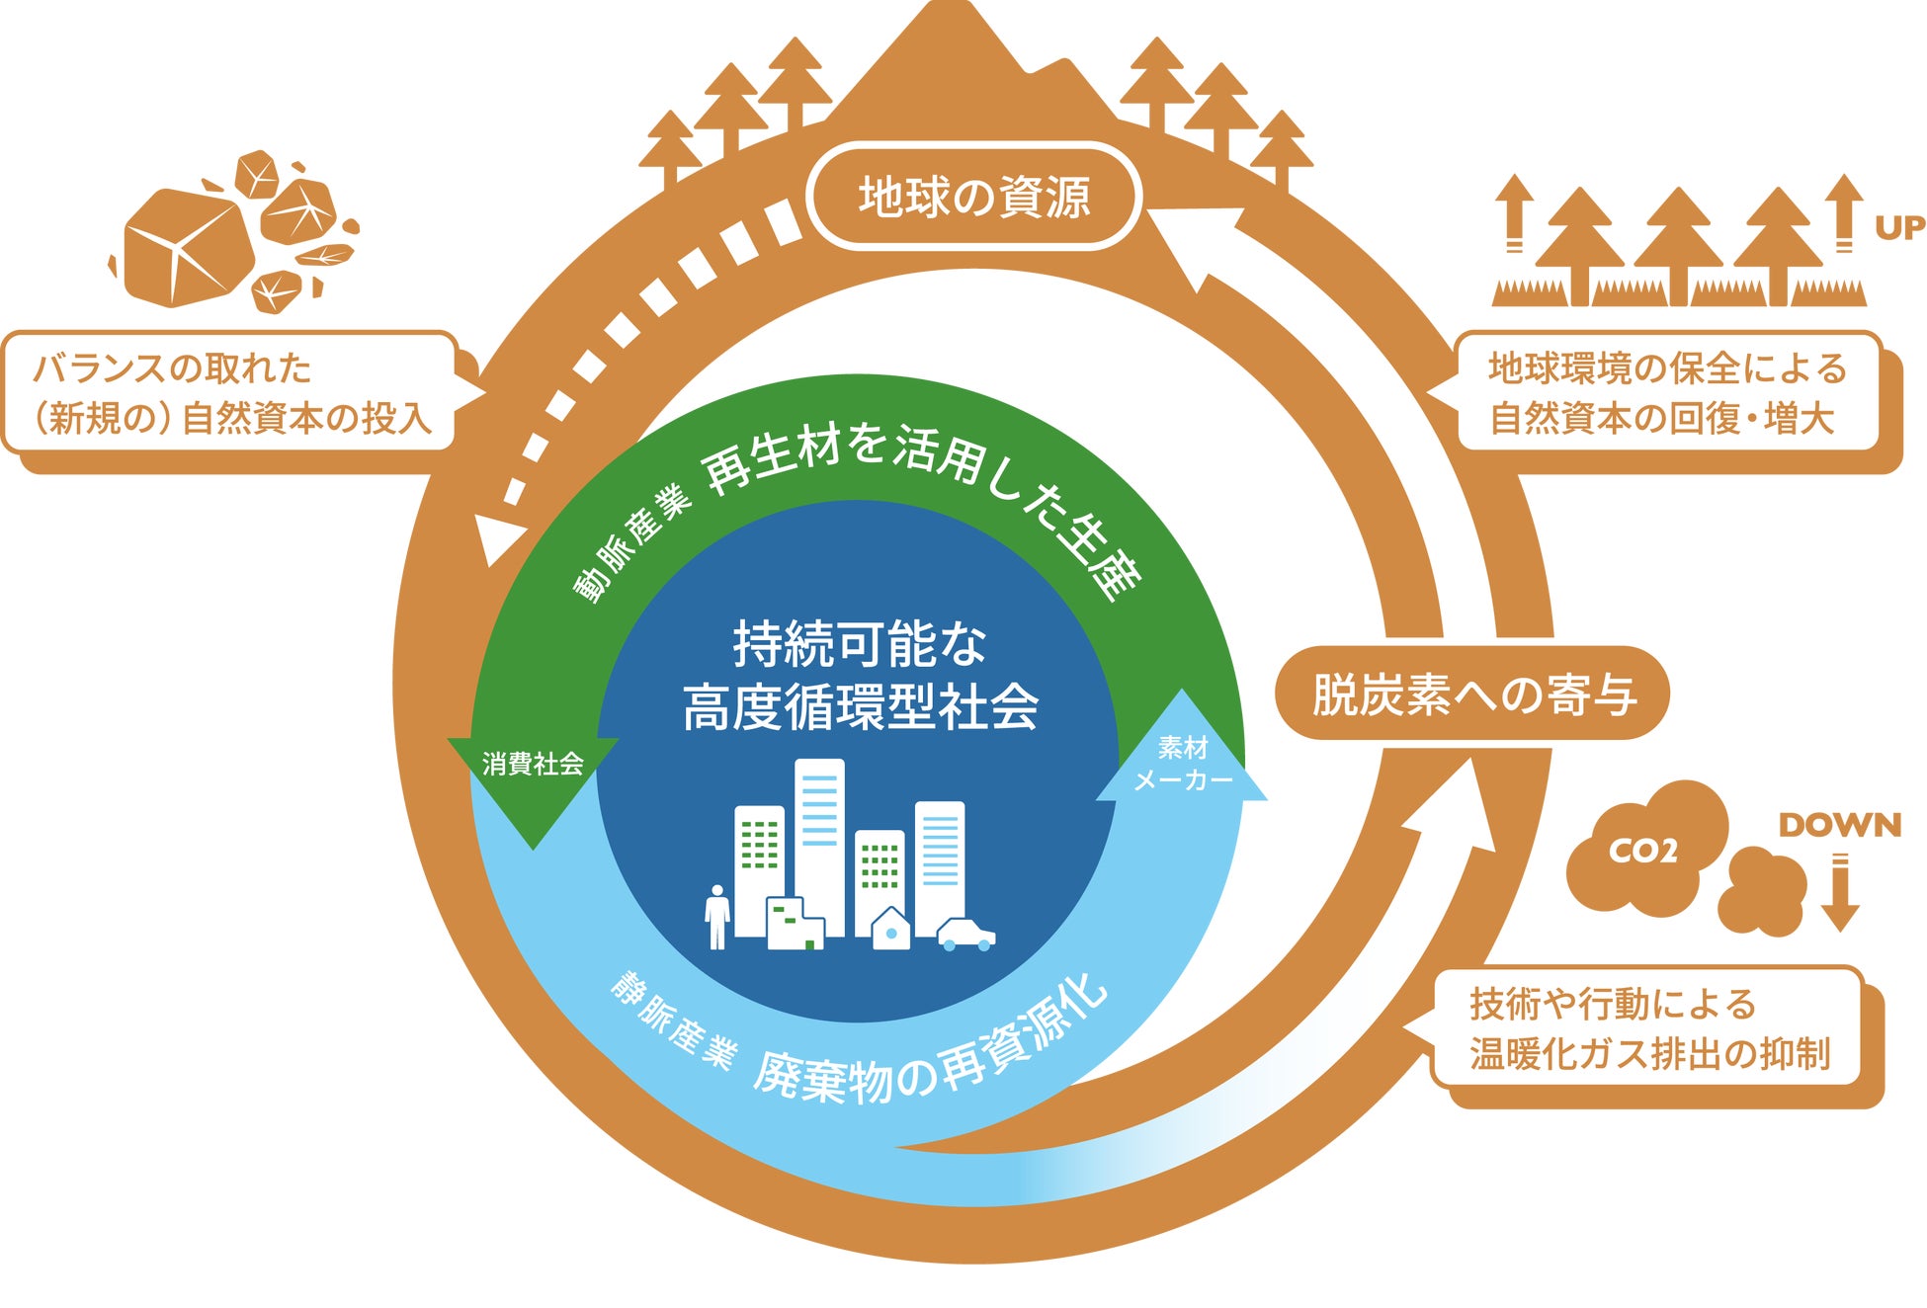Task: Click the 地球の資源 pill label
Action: click(x=974, y=197)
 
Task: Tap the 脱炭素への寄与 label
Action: click(x=1472, y=694)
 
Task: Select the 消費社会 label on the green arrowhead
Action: click(x=533, y=764)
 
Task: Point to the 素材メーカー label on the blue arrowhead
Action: click(x=1183, y=764)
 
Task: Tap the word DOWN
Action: click(x=1840, y=825)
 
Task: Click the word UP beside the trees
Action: click(x=1899, y=228)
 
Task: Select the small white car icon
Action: click(x=965, y=934)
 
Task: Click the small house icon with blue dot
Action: click(x=891, y=930)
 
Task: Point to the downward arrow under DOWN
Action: click(x=1840, y=894)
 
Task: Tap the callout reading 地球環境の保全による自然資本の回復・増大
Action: click(x=1668, y=393)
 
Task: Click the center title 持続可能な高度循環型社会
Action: click(x=860, y=676)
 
